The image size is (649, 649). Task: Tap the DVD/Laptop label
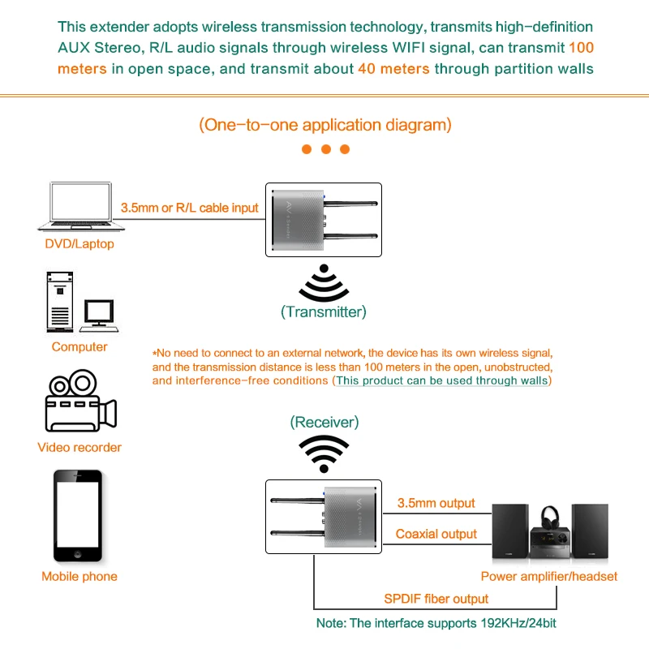[x=80, y=243]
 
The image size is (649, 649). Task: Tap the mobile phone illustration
[x=79, y=516]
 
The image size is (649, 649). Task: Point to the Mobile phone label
[x=80, y=577]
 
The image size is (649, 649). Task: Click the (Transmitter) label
[x=324, y=312]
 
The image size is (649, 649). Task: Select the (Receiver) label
[x=324, y=423]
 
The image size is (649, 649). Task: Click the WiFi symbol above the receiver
[x=324, y=453]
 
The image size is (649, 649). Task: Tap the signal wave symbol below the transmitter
[x=324, y=284]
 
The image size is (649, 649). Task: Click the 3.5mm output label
[x=436, y=504]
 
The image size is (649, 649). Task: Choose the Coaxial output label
[x=436, y=534]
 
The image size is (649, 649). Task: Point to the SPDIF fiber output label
[x=436, y=599]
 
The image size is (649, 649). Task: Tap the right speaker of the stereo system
[x=589, y=532]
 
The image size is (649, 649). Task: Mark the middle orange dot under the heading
[x=325, y=149]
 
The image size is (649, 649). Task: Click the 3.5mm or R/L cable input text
[x=189, y=208]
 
